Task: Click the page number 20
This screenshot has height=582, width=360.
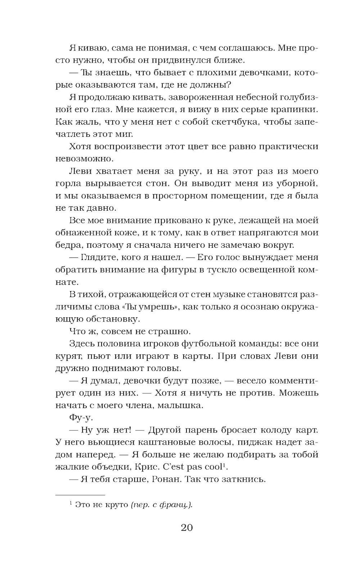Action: tap(186, 528)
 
